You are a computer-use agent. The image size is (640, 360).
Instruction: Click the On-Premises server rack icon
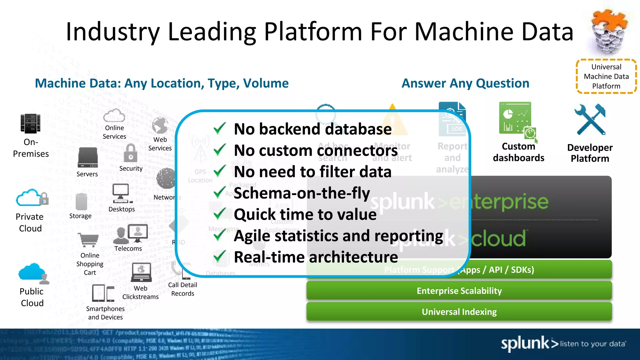tap(30, 124)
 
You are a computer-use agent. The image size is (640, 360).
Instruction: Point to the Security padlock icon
tap(131, 153)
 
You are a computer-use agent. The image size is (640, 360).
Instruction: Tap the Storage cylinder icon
tap(81, 202)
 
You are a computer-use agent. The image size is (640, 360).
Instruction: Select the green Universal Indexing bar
tap(459, 312)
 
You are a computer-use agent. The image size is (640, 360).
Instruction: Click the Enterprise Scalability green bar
tap(459, 291)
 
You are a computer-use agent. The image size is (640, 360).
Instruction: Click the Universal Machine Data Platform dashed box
tap(606, 77)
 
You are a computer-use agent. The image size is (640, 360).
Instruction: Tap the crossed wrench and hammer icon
tap(590, 119)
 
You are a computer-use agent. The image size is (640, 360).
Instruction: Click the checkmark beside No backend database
tap(220, 128)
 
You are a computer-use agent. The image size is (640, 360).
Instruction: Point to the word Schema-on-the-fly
tap(302, 193)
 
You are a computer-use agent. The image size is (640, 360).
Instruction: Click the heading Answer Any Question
tap(465, 83)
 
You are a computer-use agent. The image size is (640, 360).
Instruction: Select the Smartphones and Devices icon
tap(103, 293)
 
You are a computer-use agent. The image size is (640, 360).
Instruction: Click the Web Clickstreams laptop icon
tap(141, 272)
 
